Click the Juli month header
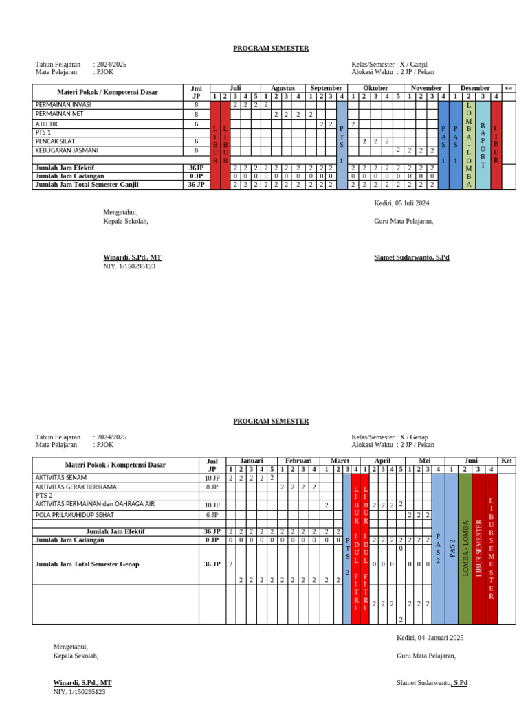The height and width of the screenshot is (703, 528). pyautogui.click(x=234, y=88)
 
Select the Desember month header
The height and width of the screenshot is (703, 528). pyautogui.click(x=475, y=88)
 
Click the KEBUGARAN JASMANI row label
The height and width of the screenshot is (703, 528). pyautogui.click(x=67, y=150)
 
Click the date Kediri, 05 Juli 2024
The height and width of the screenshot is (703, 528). pyautogui.click(x=401, y=203)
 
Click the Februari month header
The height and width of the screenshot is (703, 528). pyautogui.click(x=298, y=461)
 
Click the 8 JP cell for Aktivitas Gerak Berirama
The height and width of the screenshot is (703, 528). pyautogui.click(x=212, y=487)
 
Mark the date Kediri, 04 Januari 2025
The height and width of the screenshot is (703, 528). pyautogui.click(x=430, y=638)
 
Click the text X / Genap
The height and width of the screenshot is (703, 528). pyautogui.click(x=412, y=437)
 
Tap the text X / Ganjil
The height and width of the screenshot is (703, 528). pyautogui.click(x=412, y=64)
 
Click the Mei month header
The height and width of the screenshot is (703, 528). pyautogui.click(x=424, y=461)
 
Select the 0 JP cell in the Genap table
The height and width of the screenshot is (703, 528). pyautogui.click(x=212, y=540)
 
